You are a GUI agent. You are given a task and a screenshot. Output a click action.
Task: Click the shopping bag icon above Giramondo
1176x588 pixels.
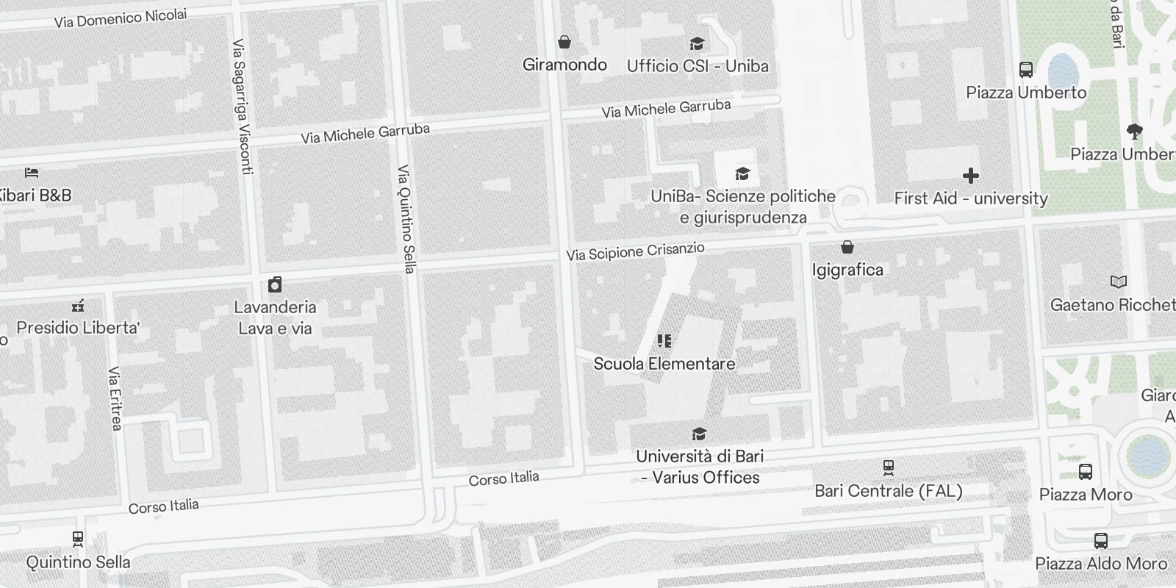[564, 42]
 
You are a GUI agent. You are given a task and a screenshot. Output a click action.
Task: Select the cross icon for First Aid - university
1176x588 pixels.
[970, 176]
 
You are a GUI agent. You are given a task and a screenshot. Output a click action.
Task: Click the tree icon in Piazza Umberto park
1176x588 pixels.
[1134, 132]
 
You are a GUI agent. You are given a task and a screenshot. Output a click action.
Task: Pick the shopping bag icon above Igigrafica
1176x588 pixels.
[847, 247]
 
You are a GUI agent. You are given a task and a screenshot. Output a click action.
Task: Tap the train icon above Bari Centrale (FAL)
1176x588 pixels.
[889, 467]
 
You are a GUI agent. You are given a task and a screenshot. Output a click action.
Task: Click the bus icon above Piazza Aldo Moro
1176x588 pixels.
[1101, 541]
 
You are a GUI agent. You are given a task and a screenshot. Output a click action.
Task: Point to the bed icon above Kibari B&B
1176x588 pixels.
[32, 173]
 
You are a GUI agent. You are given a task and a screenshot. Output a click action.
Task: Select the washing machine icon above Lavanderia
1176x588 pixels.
[275, 284]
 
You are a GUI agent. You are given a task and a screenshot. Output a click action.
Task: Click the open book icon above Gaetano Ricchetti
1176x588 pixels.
[1118, 282]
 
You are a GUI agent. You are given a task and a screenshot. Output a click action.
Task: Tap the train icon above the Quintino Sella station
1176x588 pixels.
[78, 539]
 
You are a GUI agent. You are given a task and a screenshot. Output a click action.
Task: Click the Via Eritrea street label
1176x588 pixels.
[115, 398]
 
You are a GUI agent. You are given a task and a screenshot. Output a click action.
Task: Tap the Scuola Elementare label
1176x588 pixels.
[664, 363]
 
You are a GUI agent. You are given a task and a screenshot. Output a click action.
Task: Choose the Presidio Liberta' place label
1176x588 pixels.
[78, 327]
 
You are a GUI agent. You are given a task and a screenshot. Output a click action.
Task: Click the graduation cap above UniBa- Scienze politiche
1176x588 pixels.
[743, 174]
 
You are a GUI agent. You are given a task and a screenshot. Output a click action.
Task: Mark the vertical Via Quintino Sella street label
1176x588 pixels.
[406, 219]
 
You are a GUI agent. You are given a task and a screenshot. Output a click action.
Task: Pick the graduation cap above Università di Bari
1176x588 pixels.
[700, 434]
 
